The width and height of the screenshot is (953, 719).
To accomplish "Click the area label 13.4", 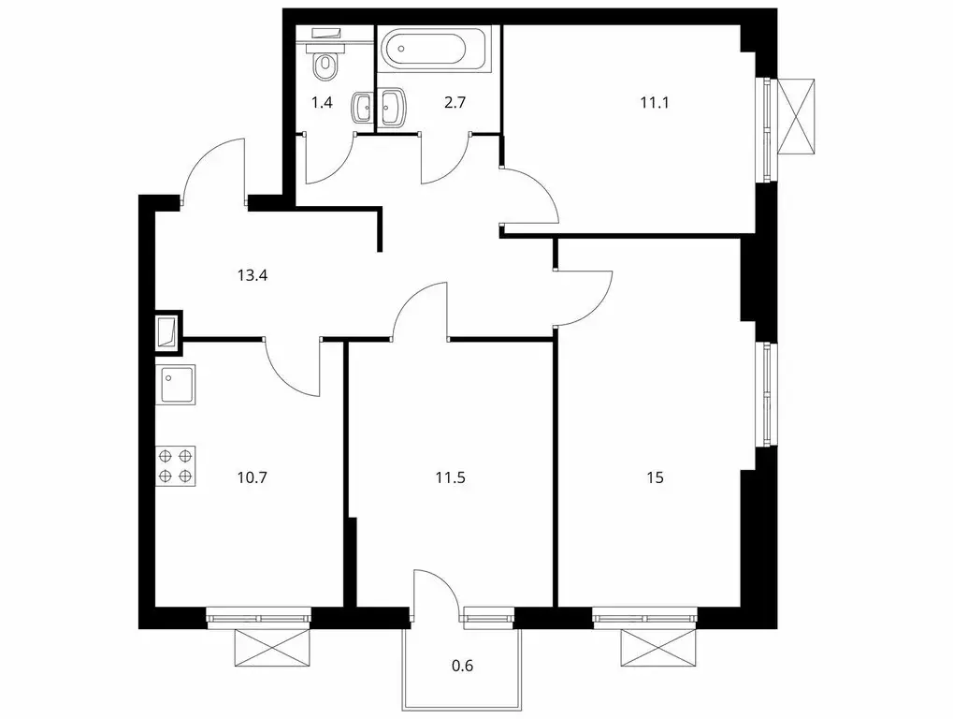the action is pos(253,275).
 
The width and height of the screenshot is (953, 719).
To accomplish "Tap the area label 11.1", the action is pos(654,102).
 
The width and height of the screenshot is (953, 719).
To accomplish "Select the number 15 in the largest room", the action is pos(655,477).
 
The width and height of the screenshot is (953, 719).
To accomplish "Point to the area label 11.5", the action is pos(451,477).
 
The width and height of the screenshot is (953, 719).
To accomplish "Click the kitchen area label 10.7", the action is pos(253,477).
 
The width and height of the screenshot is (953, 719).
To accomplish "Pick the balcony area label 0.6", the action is pos(463,666).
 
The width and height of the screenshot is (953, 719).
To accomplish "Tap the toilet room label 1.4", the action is pos(322,102).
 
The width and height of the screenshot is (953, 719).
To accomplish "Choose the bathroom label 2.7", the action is pos(455,102).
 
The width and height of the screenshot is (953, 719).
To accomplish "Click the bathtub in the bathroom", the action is pos(434,49).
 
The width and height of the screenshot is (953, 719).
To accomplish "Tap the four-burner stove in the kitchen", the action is pos(176,466).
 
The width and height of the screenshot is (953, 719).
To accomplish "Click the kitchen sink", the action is pos(176,385).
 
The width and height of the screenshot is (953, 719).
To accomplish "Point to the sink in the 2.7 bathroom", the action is pos(392,108).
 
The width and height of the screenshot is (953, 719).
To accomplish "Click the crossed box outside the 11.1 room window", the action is pos(796,117).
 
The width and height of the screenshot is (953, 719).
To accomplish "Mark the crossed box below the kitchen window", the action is pos(273,648).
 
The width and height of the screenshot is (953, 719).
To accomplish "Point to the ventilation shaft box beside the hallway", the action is pos(168,332).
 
